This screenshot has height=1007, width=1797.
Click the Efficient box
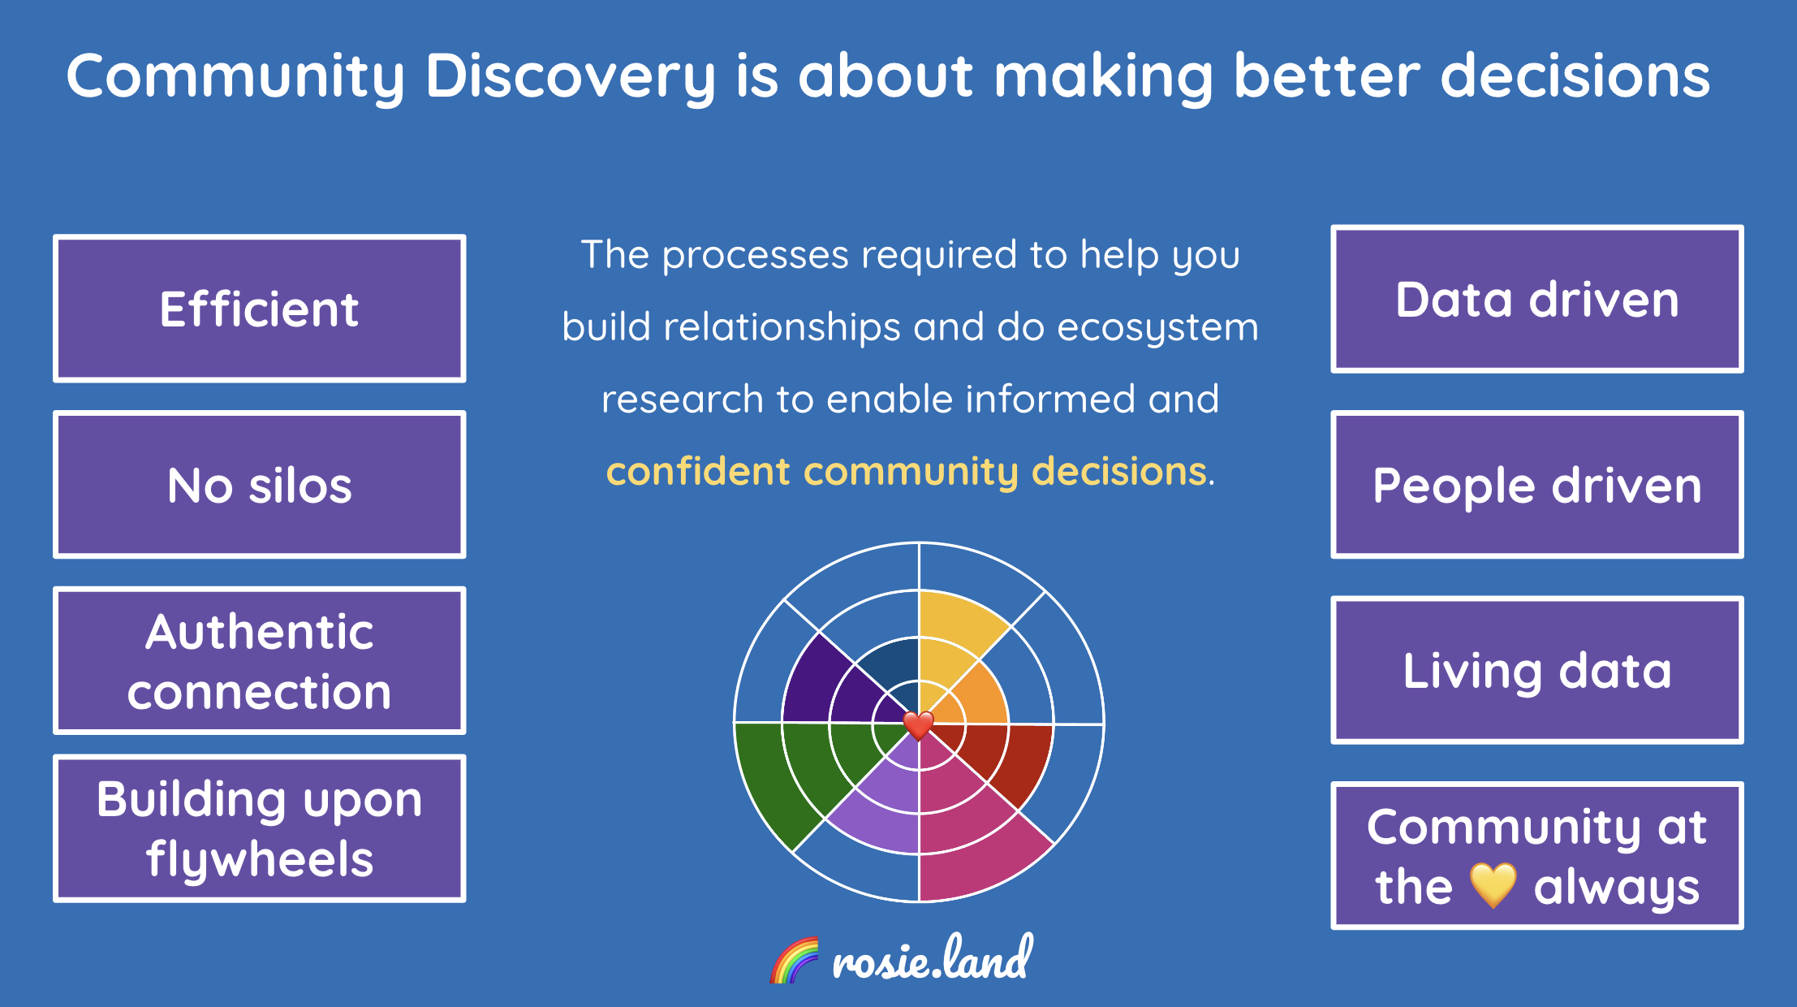259,309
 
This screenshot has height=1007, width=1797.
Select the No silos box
259,485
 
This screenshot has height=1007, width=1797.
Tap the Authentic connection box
259,660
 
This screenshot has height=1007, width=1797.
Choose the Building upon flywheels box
259,828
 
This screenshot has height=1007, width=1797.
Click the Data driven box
1536,300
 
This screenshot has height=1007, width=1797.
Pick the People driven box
1536,485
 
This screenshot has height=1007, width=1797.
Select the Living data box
1536,670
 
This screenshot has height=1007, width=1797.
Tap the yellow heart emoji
1493,885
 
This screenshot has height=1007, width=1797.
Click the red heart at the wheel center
918,724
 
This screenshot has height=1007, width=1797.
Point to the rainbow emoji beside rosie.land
794,960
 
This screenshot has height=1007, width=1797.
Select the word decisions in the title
1575,76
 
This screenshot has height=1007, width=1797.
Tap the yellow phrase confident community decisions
906,471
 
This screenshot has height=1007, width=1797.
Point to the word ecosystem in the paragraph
1157,327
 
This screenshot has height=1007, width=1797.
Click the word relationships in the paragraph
782,327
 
